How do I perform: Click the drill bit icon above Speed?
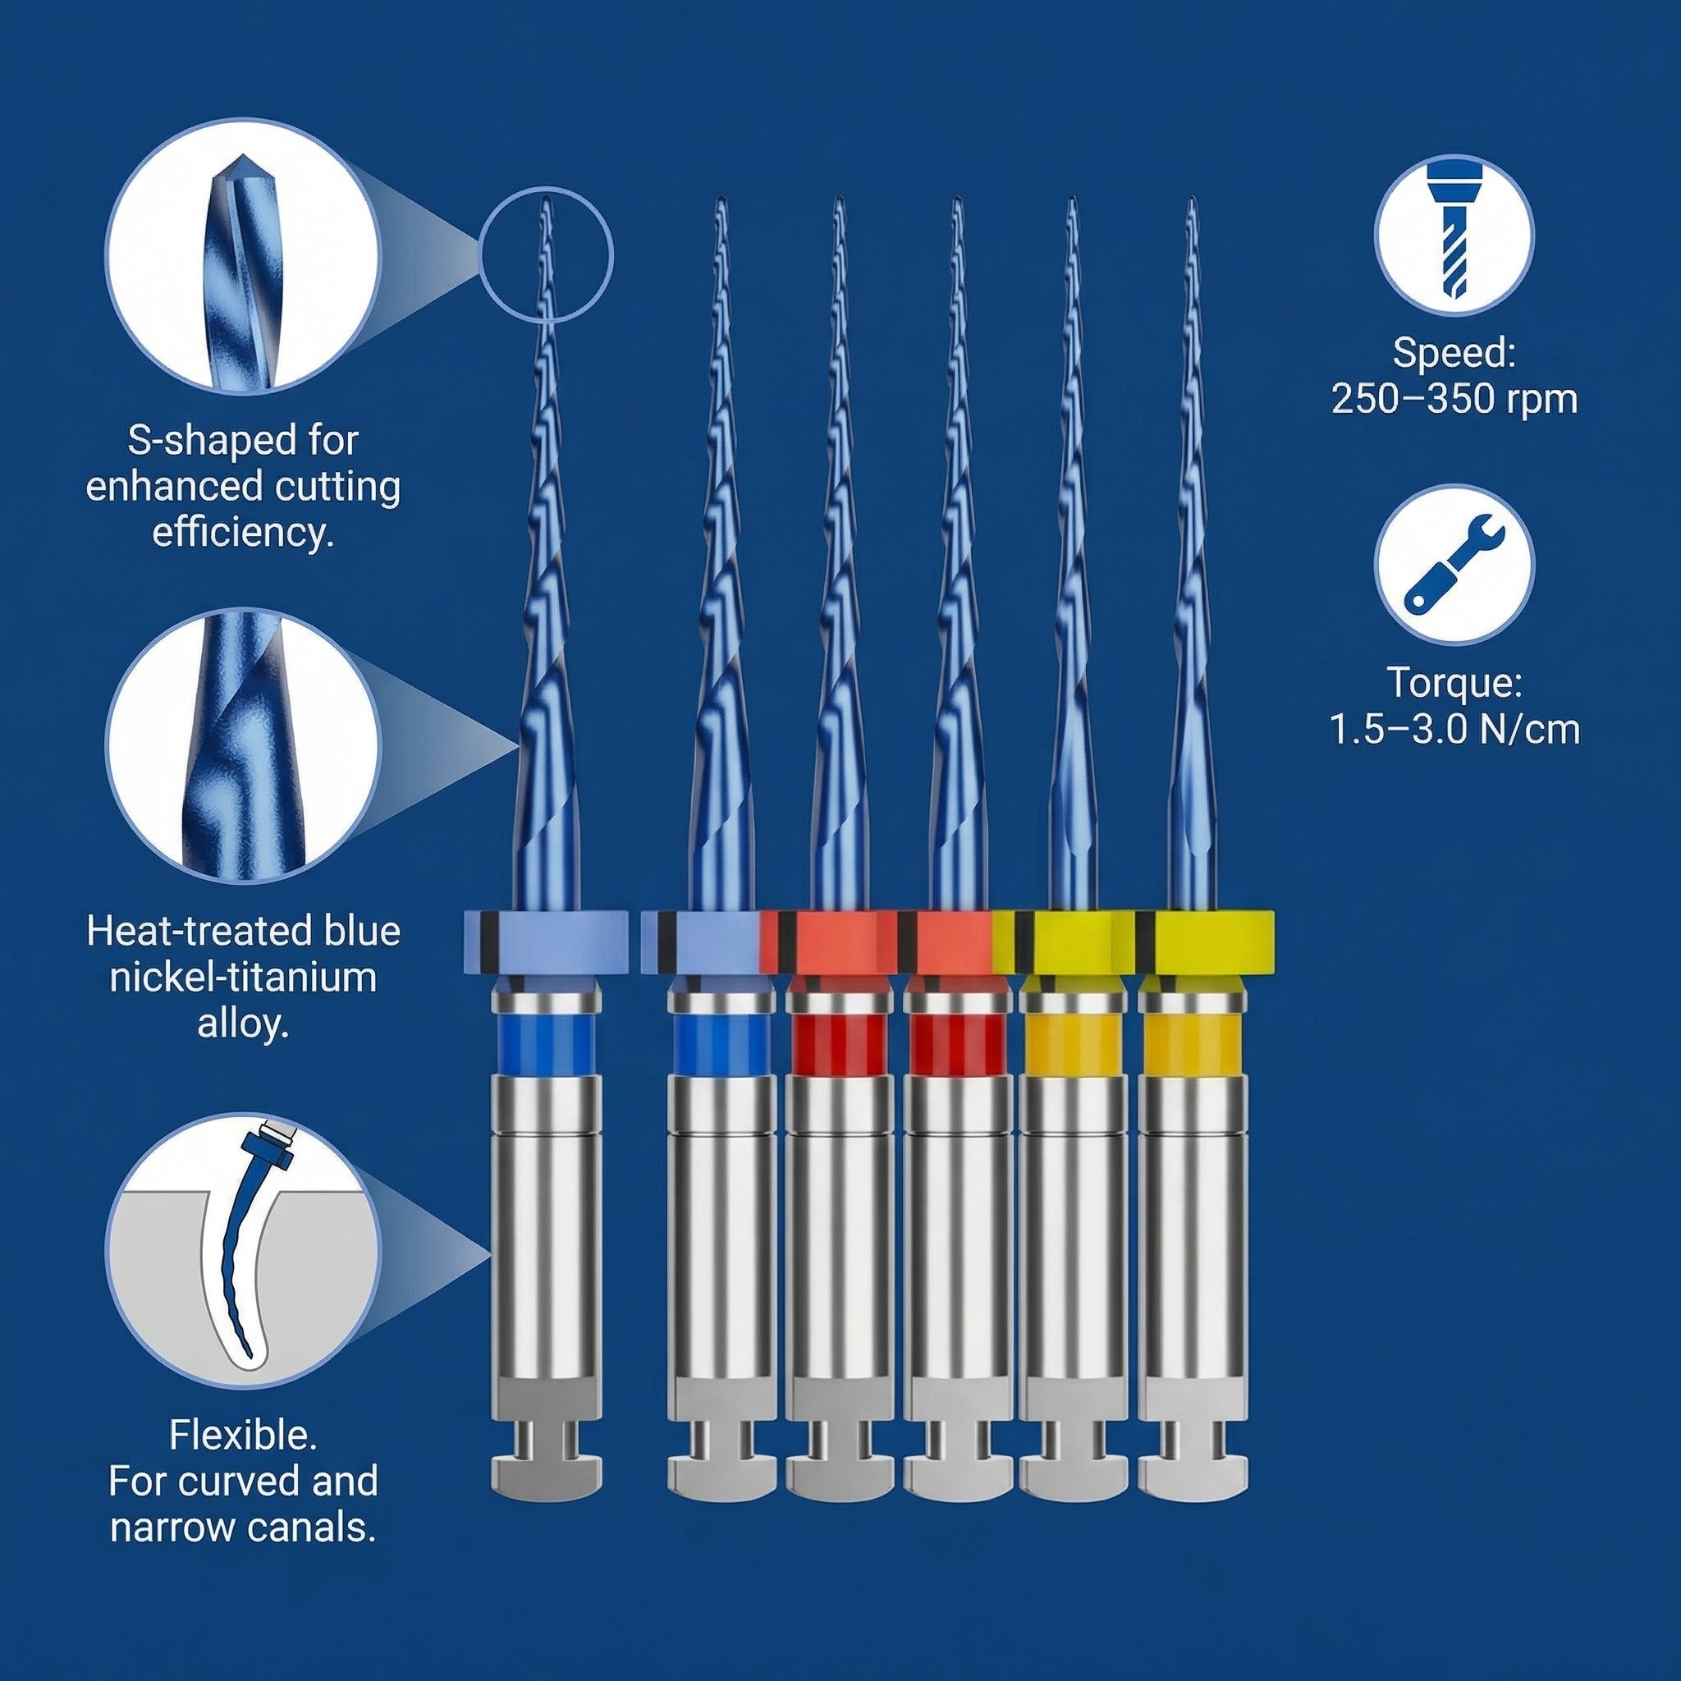pyautogui.click(x=1454, y=235)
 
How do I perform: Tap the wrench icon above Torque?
pyautogui.click(x=1454, y=575)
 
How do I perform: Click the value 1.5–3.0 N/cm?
pyautogui.click(x=1454, y=729)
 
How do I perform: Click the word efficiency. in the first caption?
pyautogui.click(x=243, y=532)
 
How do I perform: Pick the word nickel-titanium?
pyautogui.click(x=243, y=977)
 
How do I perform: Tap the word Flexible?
pyautogui.click(x=243, y=1436)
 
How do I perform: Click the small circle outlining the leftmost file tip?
pyautogui.click(x=547, y=255)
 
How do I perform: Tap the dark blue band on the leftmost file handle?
pyautogui.click(x=547, y=1044)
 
